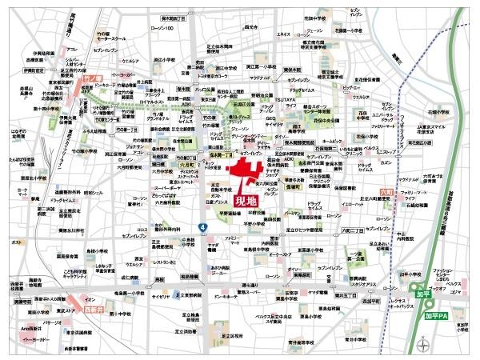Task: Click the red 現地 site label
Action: tap(244, 202)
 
